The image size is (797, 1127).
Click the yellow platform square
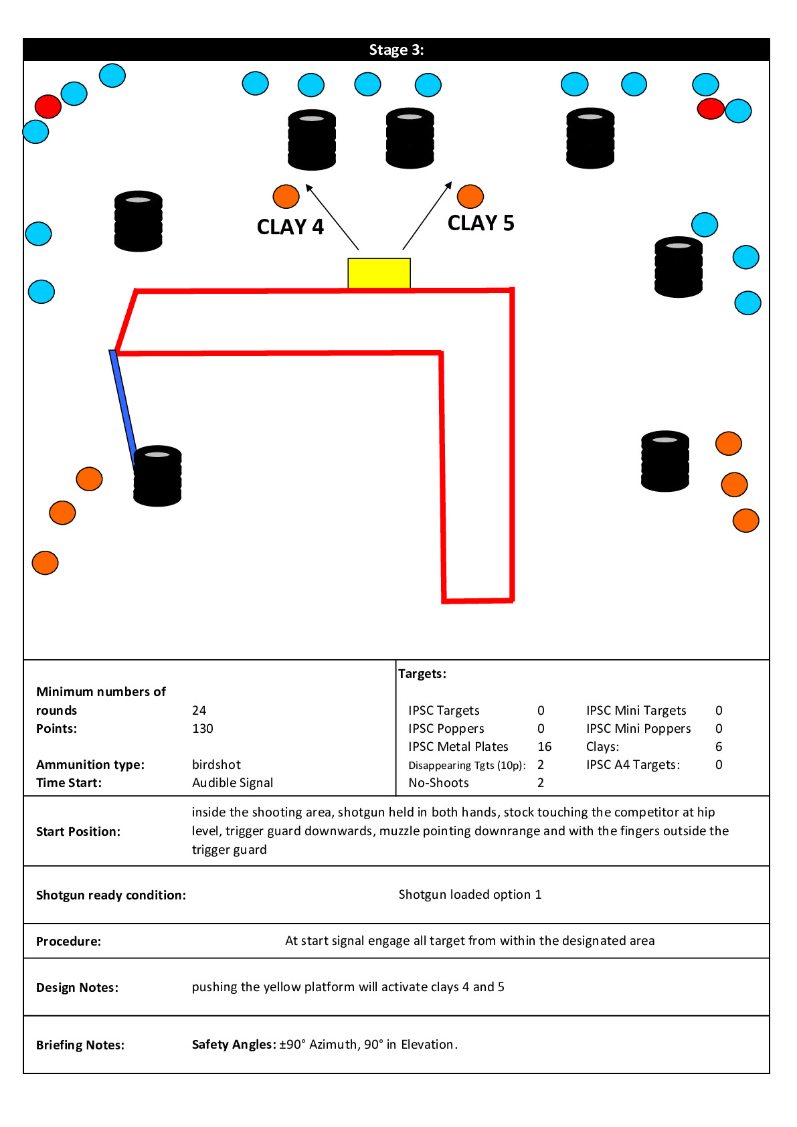click(x=379, y=273)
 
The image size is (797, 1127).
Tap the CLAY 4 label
click(x=290, y=228)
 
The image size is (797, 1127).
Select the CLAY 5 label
click(x=480, y=223)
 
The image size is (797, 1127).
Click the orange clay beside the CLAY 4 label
click(x=286, y=197)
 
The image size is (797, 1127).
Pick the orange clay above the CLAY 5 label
click(x=470, y=196)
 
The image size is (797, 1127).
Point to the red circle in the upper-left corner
click(x=48, y=106)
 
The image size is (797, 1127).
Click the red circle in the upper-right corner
click(x=710, y=108)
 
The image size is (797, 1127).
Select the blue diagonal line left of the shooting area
click(x=123, y=406)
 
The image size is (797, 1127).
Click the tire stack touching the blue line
click(x=157, y=476)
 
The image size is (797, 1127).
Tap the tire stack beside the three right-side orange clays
click(x=665, y=461)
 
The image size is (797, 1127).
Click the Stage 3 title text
click(x=396, y=50)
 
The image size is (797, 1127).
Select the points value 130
click(x=203, y=729)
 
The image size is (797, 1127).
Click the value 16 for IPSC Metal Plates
click(x=545, y=747)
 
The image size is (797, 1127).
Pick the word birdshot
click(x=216, y=765)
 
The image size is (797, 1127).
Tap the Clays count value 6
click(x=719, y=747)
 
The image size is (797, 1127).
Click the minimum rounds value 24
click(x=199, y=711)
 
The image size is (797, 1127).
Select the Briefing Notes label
click(x=80, y=1045)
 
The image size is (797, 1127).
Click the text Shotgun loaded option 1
click(x=470, y=895)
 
